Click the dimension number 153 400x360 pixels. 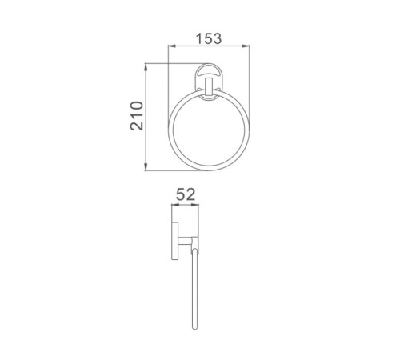[209, 38]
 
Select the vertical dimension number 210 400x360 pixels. [137, 116]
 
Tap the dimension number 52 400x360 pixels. [186, 194]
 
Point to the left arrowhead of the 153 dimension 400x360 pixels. [171, 46]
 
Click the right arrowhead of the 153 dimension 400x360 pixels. [246, 46]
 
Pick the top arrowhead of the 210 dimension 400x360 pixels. [146, 67]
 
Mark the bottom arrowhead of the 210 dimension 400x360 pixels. [146, 167]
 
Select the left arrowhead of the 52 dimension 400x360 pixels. [175, 205]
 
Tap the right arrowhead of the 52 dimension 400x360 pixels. [195, 205]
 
